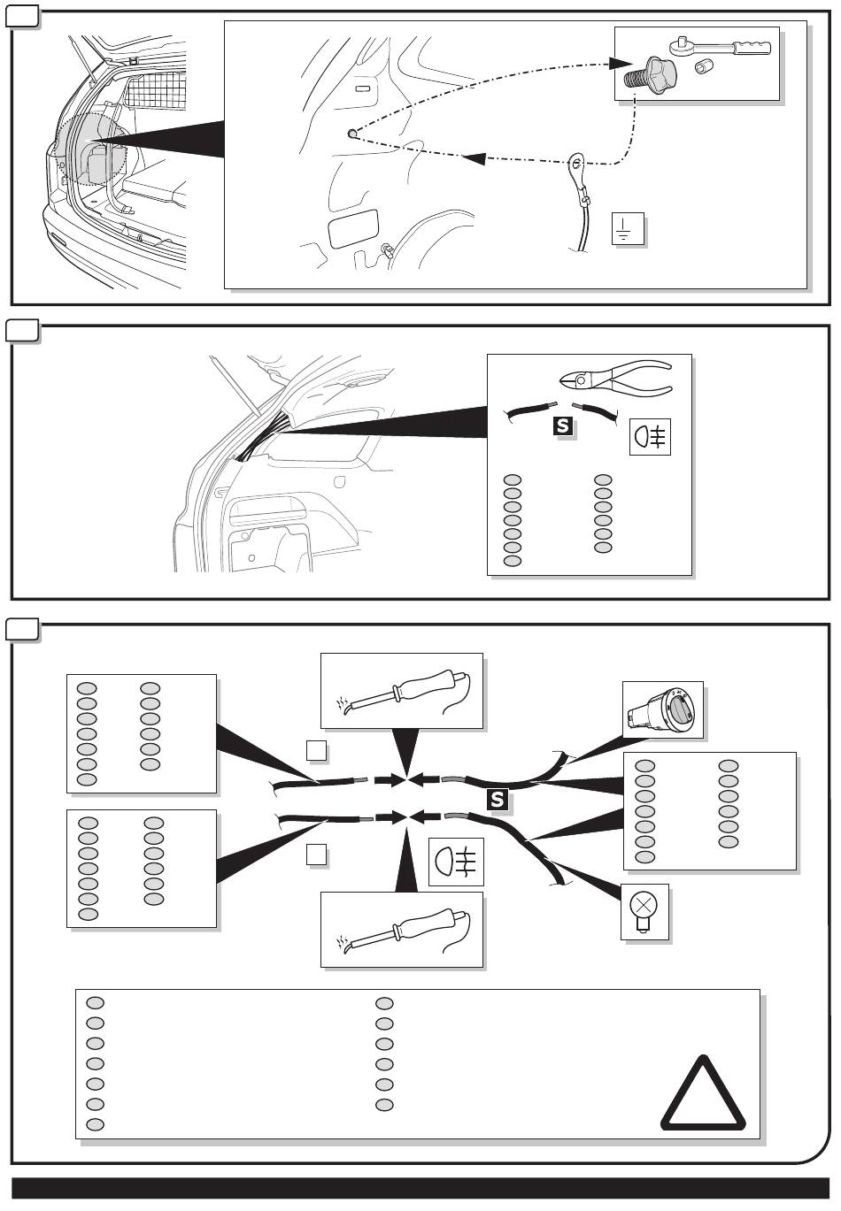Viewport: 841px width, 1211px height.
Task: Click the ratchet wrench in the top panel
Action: click(721, 46)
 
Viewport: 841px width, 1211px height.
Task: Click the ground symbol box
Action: click(628, 229)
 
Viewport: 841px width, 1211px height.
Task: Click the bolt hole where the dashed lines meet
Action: click(351, 133)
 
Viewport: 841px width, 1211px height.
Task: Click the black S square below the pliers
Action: click(563, 426)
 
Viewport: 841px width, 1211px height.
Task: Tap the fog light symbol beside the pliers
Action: click(650, 436)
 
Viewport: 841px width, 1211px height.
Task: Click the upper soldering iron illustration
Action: click(402, 690)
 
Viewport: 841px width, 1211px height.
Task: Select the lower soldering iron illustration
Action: click(402, 930)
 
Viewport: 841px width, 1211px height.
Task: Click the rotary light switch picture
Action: click(662, 709)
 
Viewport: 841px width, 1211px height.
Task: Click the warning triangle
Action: click(703, 1093)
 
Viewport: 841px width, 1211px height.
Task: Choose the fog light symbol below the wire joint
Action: click(456, 862)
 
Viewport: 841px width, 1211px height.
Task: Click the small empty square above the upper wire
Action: click(316, 750)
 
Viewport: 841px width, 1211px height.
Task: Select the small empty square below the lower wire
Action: click(316, 855)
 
